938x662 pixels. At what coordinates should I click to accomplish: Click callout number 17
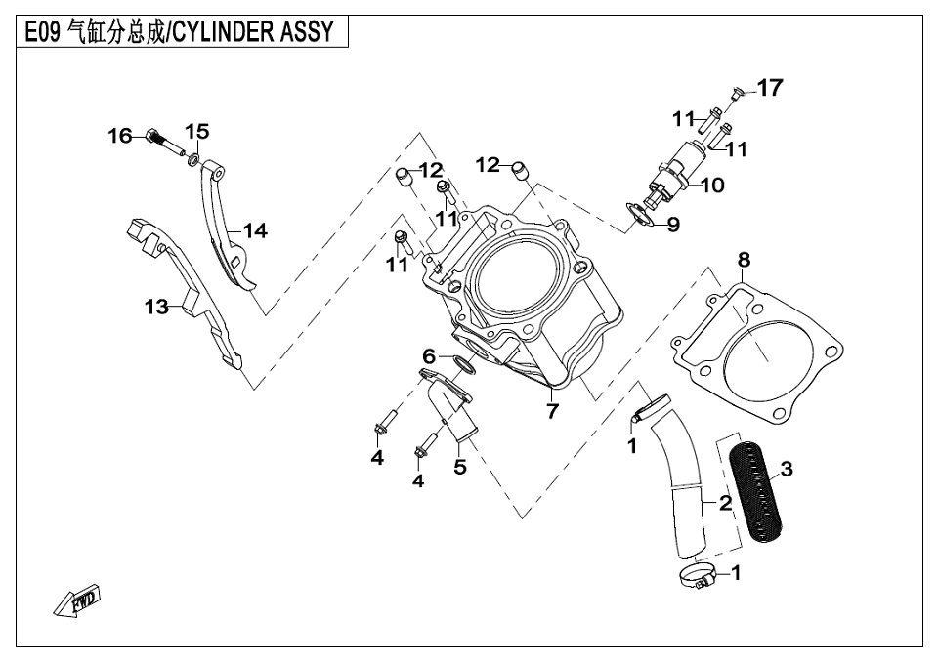point(770,89)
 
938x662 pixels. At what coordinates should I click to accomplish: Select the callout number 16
point(119,137)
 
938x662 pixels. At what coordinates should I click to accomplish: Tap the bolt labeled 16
point(155,139)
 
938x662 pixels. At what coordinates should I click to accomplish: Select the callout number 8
point(745,260)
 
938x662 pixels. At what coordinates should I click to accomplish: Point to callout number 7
point(552,411)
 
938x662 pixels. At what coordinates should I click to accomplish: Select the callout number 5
point(459,467)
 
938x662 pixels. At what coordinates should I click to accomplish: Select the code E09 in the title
point(41,33)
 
